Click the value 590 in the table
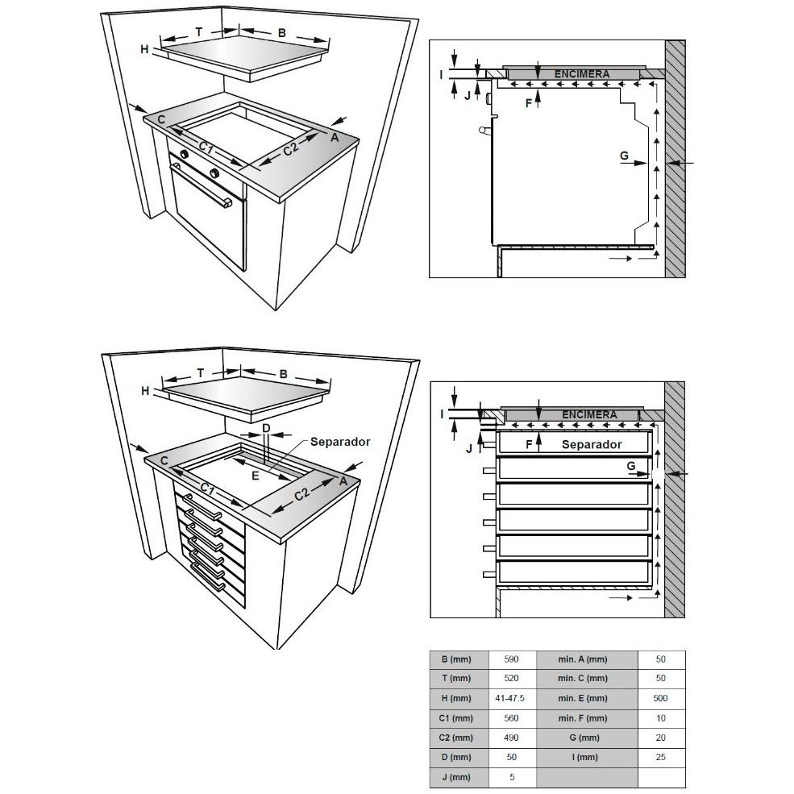pos(511,659)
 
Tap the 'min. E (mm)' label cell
pos(582,698)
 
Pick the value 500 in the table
pos(660,698)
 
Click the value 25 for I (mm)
pos(660,757)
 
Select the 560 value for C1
pos(511,718)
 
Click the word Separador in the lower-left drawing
pos(340,442)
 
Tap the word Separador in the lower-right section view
pos(592,445)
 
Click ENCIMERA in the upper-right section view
pos(582,74)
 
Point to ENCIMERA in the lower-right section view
pos(589,414)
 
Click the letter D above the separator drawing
pos(266,428)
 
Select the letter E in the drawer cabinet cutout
pos(256,476)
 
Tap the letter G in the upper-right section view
pos(624,156)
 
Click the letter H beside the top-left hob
pos(145,49)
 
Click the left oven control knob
pos(185,155)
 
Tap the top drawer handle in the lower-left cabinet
pos(202,506)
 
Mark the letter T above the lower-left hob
pos(201,373)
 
